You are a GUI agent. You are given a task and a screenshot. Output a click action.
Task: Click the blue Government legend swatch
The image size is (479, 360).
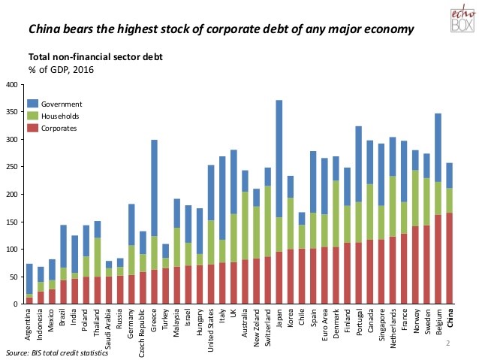pyautogui.click(x=32, y=103)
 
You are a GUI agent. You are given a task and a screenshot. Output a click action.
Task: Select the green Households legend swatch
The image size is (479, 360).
pyautogui.click(x=32, y=116)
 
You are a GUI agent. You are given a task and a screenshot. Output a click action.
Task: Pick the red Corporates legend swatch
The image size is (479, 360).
pyautogui.click(x=32, y=129)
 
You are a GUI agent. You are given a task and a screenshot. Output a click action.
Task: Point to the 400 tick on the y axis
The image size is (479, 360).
pyautogui.click(x=11, y=85)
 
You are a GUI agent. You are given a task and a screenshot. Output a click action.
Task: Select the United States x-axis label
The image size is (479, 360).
pyautogui.click(x=211, y=331)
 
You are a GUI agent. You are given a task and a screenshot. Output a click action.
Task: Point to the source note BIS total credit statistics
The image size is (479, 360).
pyautogui.click(x=56, y=352)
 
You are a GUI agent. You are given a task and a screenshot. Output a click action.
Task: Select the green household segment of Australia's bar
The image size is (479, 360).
pyautogui.click(x=246, y=226)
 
